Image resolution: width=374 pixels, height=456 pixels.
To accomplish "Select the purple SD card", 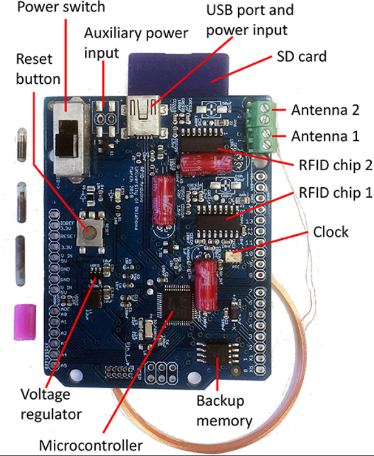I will (x=180, y=71).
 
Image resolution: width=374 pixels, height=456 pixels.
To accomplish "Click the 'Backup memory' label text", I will (x=223, y=411).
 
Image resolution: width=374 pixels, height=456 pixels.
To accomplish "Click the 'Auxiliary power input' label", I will (x=136, y=43).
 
